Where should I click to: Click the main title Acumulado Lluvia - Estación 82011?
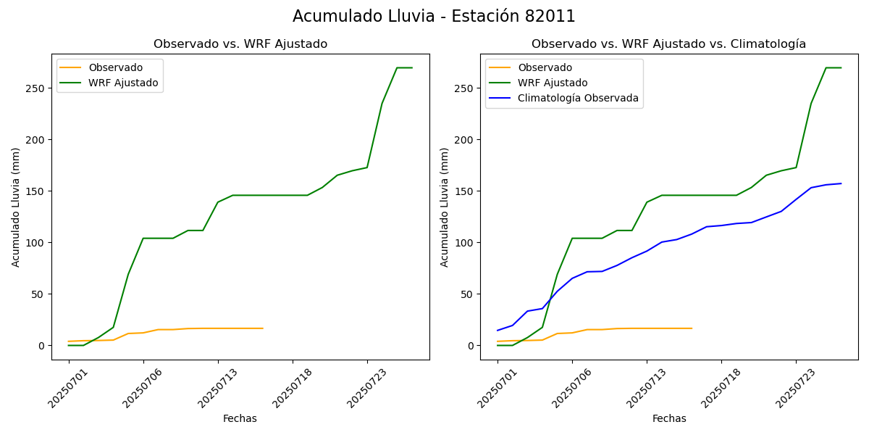[x=434, y=17]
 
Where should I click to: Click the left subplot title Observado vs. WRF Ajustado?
[x=240, y=44]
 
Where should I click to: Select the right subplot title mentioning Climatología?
[x=668, y=44]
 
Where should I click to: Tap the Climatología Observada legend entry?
[x=577, y=99]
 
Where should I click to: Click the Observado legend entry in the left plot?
[x=115, y=67]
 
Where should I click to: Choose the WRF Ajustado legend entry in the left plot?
[x=123, y=83]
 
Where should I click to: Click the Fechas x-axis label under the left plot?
[x=240, y=418]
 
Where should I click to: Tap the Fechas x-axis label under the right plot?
[x=669, y=418]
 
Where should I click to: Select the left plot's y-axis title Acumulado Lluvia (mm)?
[x=16, y=207]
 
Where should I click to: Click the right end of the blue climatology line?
[x=841, y=183]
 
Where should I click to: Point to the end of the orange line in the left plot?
[x=263, y=328]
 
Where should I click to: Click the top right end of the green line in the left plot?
[x=412, y=67]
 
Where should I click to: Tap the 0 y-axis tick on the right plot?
[x=472, y=346]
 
